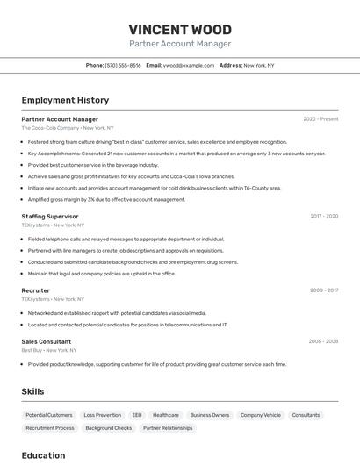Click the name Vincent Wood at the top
[180, 29]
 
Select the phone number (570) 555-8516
[123, 65]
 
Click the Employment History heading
[65, 101]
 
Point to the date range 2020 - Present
[320, 118]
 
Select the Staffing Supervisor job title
[50, 216]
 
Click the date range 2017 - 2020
[323, 216]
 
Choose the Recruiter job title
[35, 290]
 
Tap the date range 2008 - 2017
[323, 290]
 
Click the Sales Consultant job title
[47, 341]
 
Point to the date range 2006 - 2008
[323, 341]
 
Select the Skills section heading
[32, 391]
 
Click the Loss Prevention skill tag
[102, 415]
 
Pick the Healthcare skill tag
[166, 415]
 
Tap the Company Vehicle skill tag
[261, 415]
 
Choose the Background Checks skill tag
[108, 428]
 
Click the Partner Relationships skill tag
[168, 428]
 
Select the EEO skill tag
[137, 415]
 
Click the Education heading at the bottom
[43, 455]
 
